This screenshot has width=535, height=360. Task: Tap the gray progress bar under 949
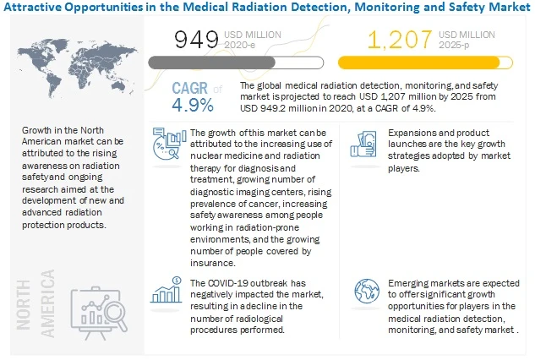tap(235, 63)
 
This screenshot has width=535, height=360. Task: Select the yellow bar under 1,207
tap(429, 63)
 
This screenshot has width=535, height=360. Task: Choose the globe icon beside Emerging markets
tap(368, 292)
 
